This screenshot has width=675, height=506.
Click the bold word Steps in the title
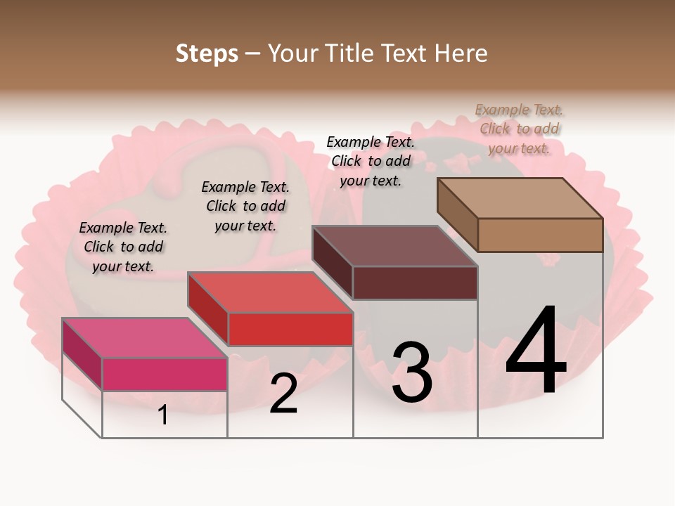point(207,53)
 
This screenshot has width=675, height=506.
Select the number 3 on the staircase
point(412,372)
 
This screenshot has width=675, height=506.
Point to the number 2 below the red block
point(283,394)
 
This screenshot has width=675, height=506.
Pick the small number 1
point(163,415)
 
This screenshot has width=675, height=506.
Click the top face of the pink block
point(144,338)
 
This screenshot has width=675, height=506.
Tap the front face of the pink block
point(165,374)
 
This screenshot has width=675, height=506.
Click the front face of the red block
point(290,329)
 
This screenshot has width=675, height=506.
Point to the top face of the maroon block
point(394,246)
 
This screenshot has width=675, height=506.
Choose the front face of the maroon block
point(415,283)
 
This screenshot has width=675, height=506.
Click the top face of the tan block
point(520,197)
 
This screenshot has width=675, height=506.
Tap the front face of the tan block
point(540,235)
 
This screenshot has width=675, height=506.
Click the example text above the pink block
point(123,247)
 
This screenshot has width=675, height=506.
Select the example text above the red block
point(245,206)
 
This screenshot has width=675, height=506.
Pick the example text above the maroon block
point(371,161)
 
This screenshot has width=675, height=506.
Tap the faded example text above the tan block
point(520,129)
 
